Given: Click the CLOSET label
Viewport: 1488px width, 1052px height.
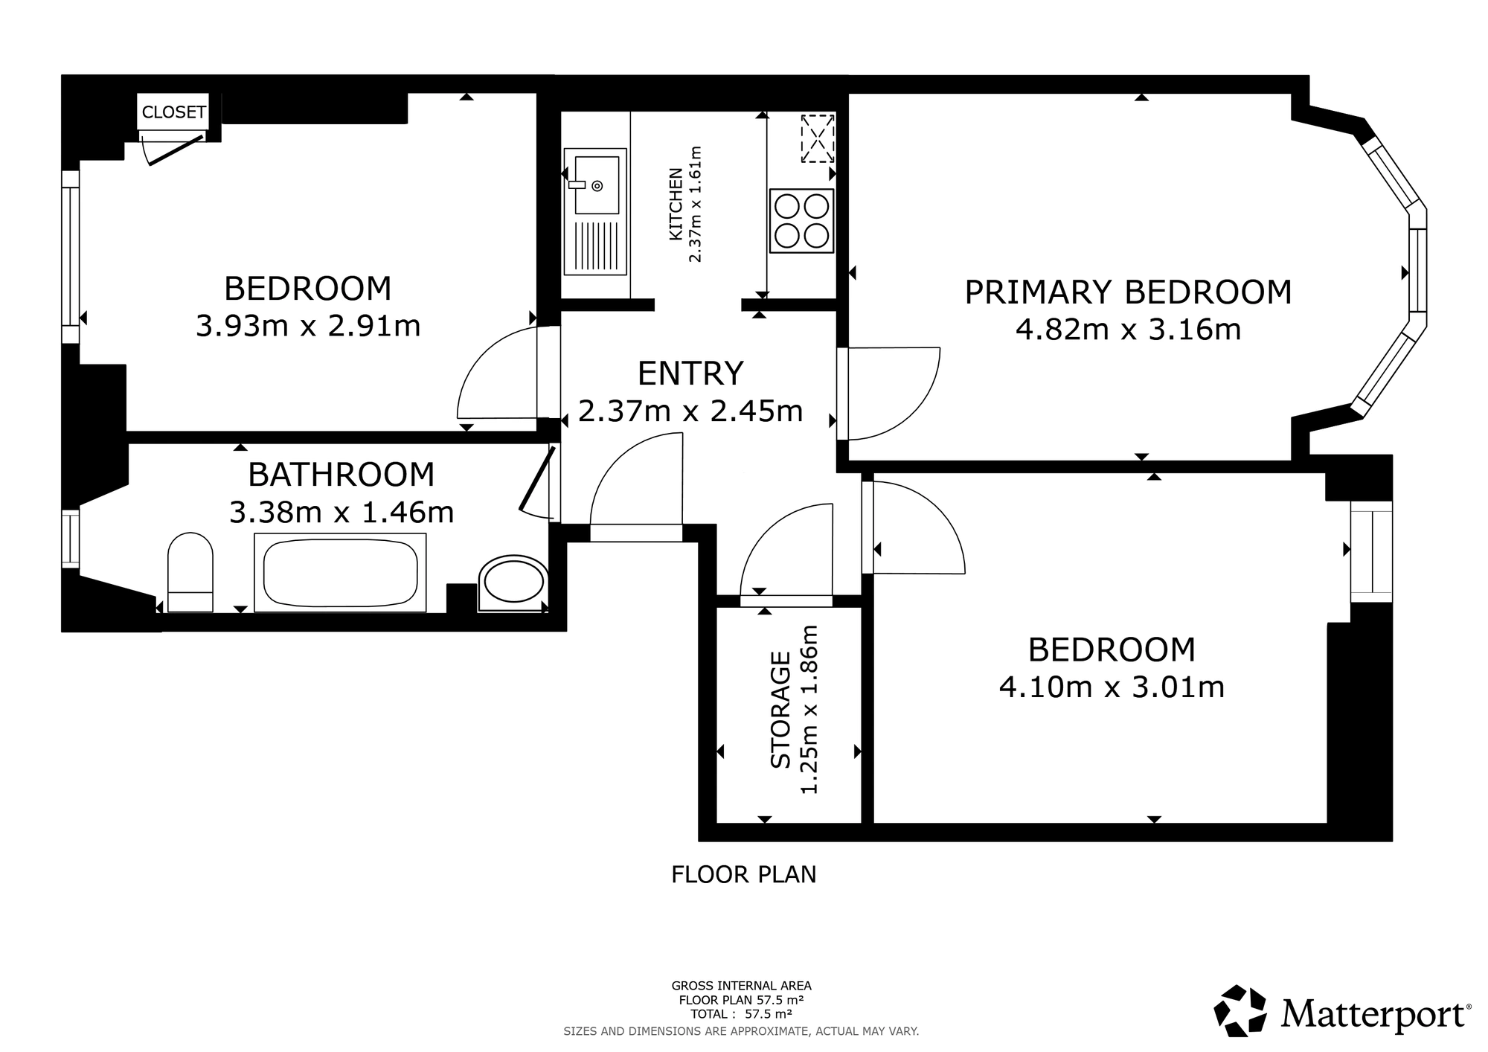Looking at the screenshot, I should [x=173, y=112].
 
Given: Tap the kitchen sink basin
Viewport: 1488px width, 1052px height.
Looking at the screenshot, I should [x=597, y=185].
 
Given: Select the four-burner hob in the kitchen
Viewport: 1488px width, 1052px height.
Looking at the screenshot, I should [x=801, y=221].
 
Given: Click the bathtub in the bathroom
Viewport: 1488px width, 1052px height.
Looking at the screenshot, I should [x=340, y=572].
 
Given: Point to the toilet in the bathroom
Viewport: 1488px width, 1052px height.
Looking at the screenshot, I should [x=190, y=571].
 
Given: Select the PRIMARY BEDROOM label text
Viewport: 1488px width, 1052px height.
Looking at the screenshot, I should [x=1128, y=292].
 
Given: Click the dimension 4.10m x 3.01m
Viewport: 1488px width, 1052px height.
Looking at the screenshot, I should [x=1112, y=687].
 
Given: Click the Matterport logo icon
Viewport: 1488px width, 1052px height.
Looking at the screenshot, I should [x=1240, y=1010].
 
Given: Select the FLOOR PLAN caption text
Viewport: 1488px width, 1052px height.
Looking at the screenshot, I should [x=743, y=874].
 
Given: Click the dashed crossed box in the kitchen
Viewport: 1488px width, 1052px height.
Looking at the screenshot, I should [x=817, y=138].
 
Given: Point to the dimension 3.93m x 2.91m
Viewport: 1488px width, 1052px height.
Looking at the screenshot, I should [x=308, y=326].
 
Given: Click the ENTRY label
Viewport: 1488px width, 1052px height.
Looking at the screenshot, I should [x=690, y=373].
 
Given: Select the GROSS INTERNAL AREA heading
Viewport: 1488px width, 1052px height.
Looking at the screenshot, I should [x=741, y=987].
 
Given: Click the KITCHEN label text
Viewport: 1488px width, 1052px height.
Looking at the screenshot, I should [x=676, y=204].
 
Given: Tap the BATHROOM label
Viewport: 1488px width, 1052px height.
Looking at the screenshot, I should [x=341, y=475].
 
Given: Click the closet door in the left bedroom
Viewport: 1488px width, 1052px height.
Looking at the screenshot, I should [x=176, y=149].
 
